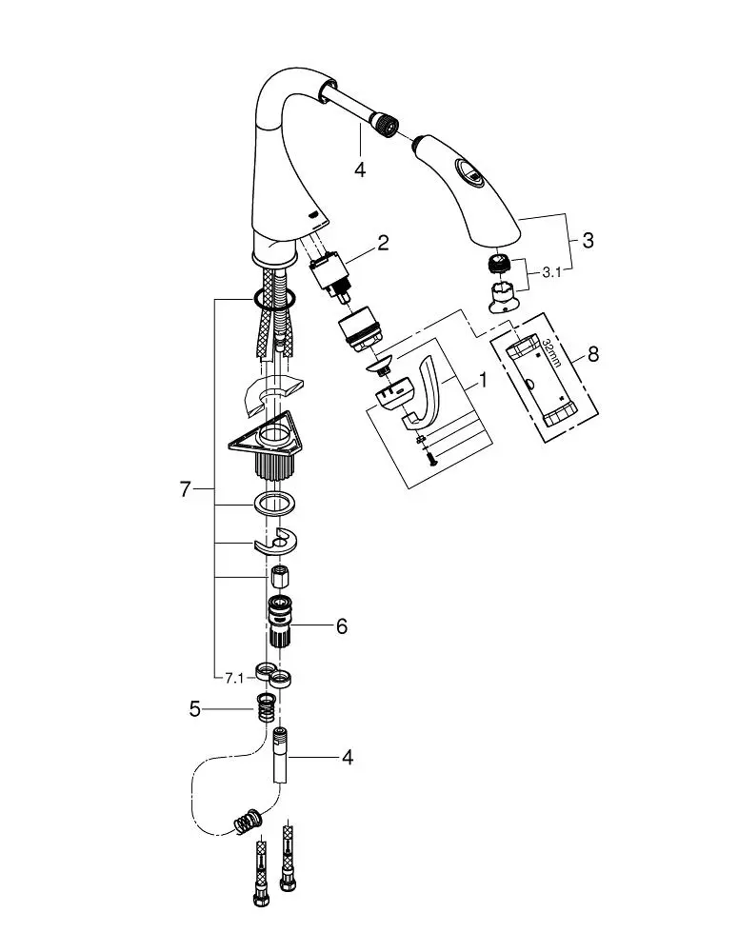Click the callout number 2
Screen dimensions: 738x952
[x=382, y=243]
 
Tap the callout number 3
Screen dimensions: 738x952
[x=588, y=240]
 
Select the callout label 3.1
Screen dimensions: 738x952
[x=551, y=272]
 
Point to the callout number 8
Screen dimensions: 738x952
[x=593, y=353]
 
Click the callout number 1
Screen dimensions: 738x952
[x=483, y=381]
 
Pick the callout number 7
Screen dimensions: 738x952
[x=186, y=488]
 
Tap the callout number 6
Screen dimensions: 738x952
[x=342, y=625]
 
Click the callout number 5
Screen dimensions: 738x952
[x=194, y=708]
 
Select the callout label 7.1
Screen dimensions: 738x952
[x=234, y=678]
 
